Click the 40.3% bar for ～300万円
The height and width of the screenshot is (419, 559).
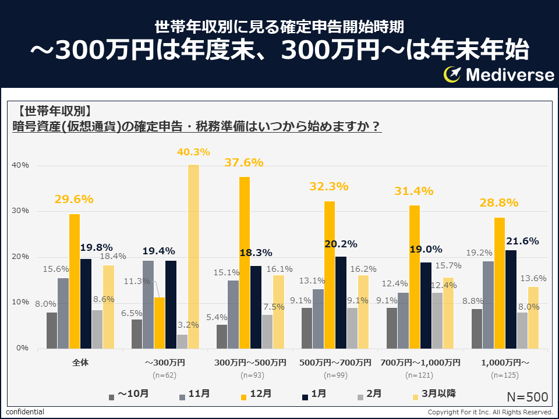click(193, 256)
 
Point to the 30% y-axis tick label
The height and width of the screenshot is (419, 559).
click(21, 211)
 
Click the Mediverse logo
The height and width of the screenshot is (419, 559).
click(498, 74)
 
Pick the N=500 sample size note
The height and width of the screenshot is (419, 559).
click(527, 397)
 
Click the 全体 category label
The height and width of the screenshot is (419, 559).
click(80, 363)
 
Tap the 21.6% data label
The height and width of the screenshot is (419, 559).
click(522, 241)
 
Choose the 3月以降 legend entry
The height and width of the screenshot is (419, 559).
click(433, 395)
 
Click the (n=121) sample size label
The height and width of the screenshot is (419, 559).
click(420, 375)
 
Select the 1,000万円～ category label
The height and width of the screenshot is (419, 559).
click(505, 363)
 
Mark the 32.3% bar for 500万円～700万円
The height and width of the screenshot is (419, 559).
click(330, 275)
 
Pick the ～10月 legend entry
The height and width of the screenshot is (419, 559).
click(129, 395)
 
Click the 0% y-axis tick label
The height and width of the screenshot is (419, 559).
click(23, 349)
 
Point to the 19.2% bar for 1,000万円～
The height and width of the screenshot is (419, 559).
click(488, 305)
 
